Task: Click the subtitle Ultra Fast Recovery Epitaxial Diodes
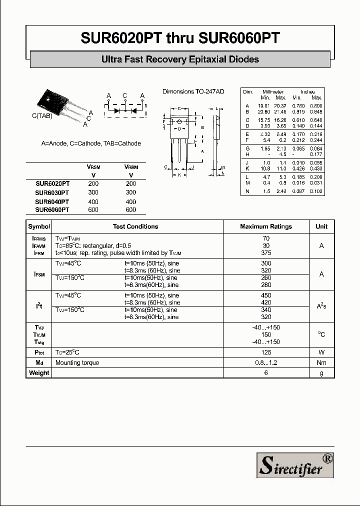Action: (x=180, y=59)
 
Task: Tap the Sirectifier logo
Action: (x=295, y=465)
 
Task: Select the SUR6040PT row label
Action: (x=52, y=201)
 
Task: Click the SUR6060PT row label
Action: (x=52, y=210)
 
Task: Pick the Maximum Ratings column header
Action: (x=266, y=226)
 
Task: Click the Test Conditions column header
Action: (x=135, y=226)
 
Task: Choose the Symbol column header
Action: (x=39, y=226)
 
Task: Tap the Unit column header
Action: (x=321, y=226)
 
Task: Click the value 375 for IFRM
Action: (x=266, y=253)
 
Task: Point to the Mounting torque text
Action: (x=77, y=362)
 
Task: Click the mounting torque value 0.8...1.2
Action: (x=266, y=362)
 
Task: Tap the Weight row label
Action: (x=39, y=372)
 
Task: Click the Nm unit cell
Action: (x=321, y=362)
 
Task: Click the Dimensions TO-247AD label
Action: (x=193, y=91)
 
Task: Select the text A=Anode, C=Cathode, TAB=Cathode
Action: (x=91, y=143)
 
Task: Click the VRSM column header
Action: (x=93, y=167)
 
